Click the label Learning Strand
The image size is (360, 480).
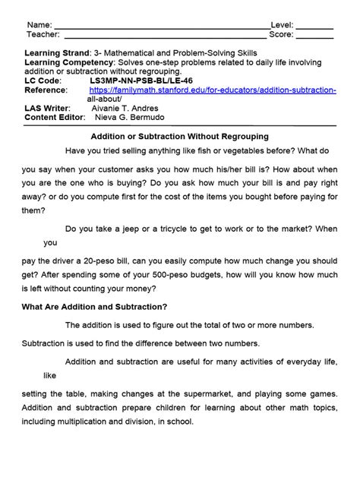56,52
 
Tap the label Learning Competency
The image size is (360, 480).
69,62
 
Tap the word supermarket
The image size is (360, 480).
222,393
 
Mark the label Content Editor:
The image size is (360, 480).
52,118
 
